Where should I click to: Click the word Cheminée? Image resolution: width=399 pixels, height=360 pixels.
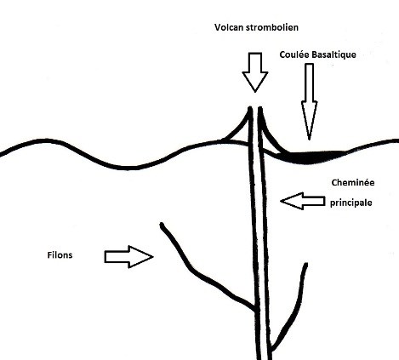tap(353, 182)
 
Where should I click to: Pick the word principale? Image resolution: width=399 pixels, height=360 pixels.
tap(351, 203)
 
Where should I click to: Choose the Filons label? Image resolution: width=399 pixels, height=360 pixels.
tap(60, 255)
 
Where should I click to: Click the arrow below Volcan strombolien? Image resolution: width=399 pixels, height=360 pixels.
tap(255, 72)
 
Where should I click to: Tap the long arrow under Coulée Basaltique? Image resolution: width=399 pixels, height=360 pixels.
tap(309, 101)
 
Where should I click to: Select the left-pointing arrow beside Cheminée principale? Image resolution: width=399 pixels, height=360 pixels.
tap(302, 201)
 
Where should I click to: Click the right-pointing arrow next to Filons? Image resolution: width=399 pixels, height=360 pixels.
tap(129, 257)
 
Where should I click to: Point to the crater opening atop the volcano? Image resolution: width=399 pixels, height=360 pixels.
tap(255, 108)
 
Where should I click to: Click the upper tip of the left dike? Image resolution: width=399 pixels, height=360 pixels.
tap(162, 225)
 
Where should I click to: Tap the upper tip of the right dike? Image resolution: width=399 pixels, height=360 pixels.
tap(306, 265)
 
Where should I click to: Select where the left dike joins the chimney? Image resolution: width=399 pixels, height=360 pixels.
tap(256, 309)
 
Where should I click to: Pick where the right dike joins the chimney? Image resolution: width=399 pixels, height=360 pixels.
tap(271, 347)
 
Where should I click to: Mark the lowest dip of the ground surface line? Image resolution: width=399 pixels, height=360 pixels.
tap(128, 168)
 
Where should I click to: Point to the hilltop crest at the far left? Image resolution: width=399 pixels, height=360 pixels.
tap(46, 140)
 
